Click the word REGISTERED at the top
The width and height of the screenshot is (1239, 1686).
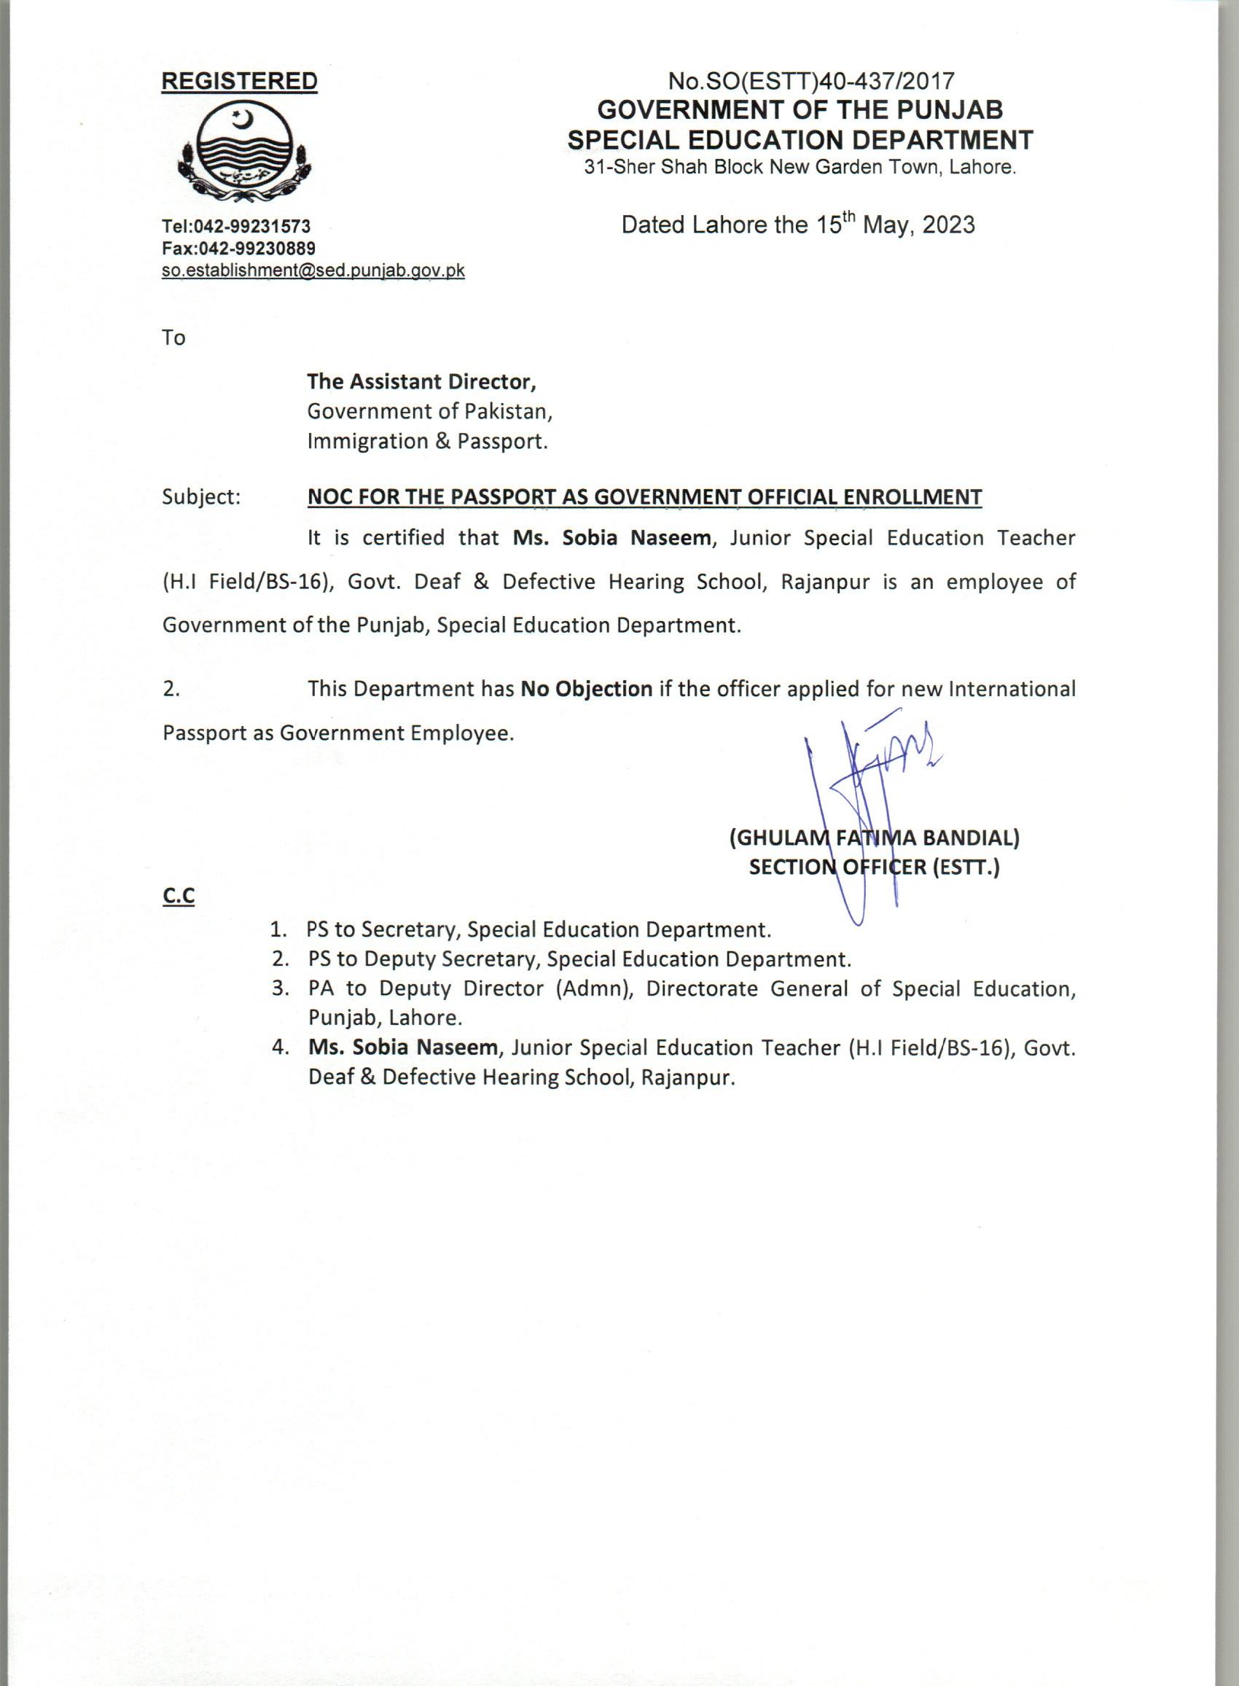click(239, 81)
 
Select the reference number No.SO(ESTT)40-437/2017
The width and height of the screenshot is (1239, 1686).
click(811, 80)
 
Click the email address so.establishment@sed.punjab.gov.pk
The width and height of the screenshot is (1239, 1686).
click(313, 270)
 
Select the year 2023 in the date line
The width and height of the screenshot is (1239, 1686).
click(948, 225)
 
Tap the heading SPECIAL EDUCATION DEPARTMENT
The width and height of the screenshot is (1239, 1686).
click(800, 139)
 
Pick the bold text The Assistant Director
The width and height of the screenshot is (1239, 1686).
click(421, 382)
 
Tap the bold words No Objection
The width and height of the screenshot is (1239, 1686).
click(587, 689)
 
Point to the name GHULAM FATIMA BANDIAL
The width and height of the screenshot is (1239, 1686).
click(874, 838)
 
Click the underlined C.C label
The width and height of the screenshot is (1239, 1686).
click(179, 897)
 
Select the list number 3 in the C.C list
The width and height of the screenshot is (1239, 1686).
click(281, 988)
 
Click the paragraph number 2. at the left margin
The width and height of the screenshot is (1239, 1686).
click(171, 689)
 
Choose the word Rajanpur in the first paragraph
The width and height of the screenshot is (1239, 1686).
click(825, 581)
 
